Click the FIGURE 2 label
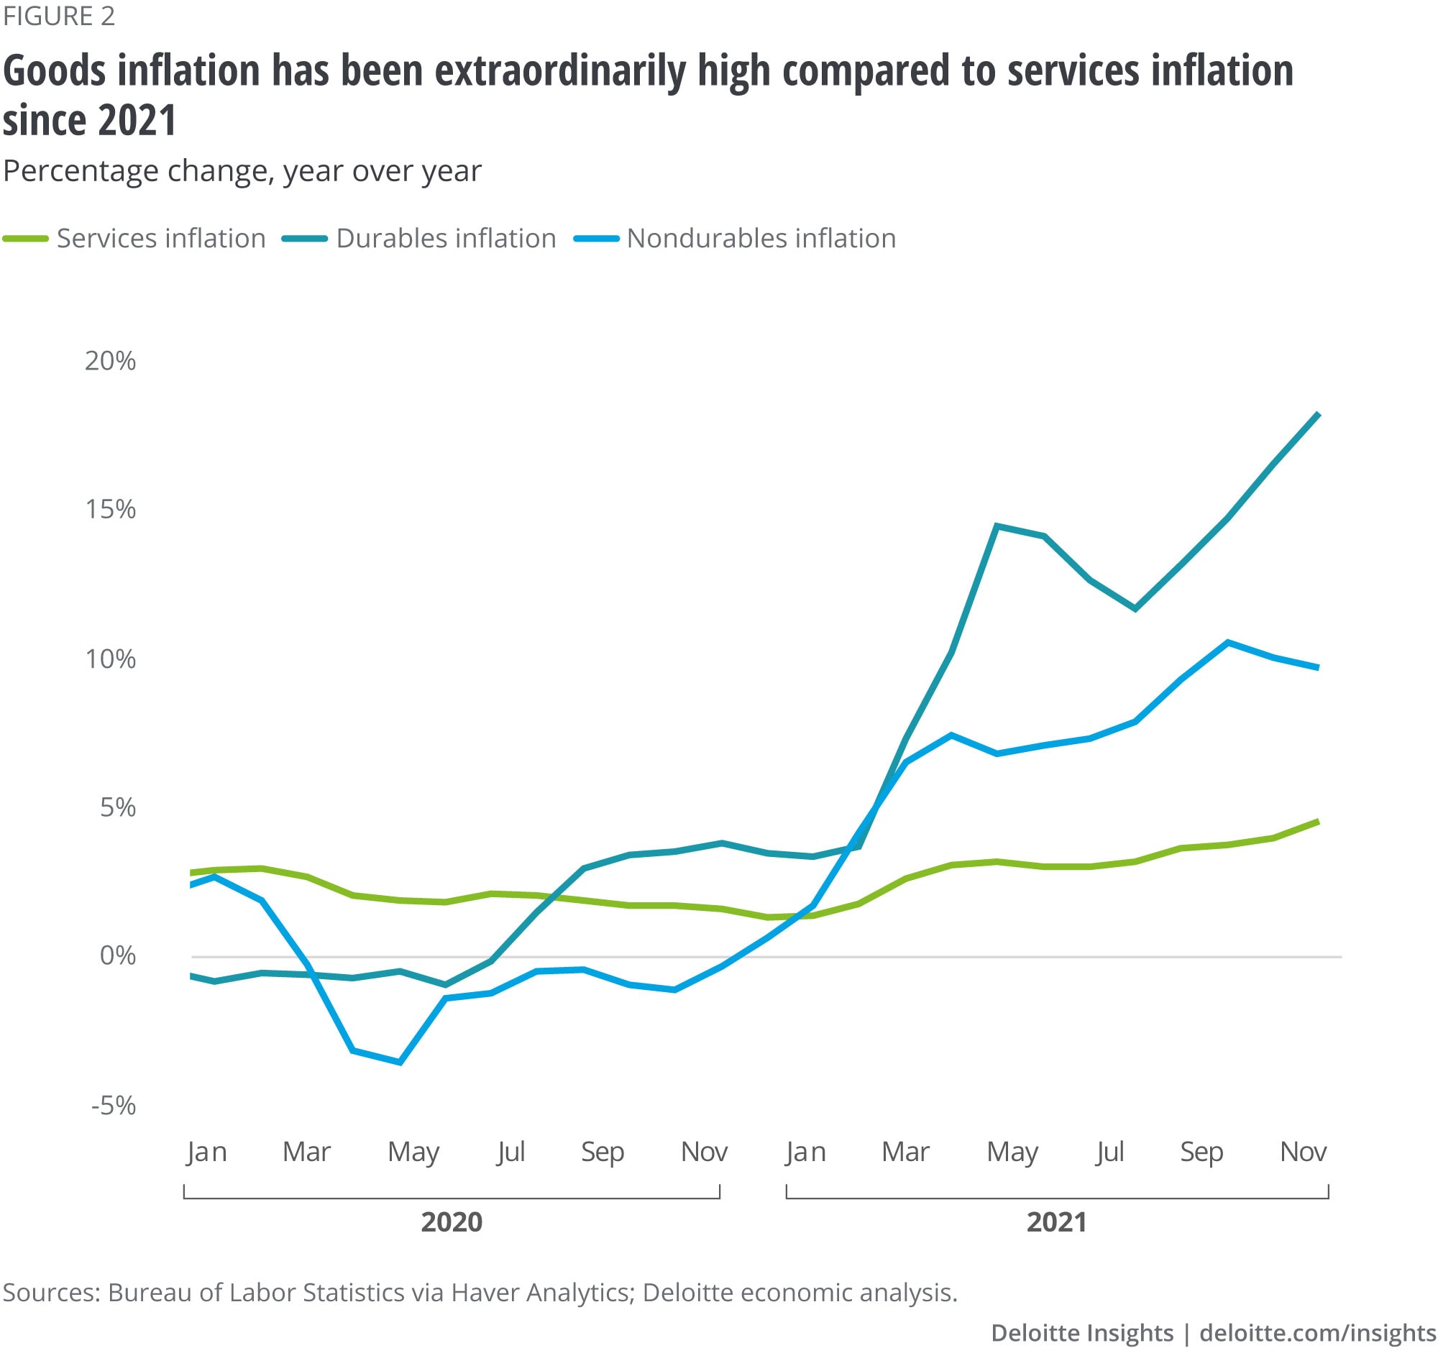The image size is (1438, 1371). point(59,16)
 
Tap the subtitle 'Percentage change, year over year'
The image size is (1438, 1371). point(242,171)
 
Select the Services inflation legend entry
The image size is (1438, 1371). point(161,238)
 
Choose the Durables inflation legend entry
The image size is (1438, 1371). point(446,238)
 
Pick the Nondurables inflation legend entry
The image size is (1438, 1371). point(761,238)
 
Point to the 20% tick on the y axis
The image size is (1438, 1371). point(110,361)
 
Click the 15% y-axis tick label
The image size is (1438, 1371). point(110,510)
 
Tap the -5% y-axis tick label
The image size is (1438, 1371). point(114,1106)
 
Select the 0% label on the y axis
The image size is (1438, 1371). point(118,956)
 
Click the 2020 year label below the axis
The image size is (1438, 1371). point(452,1222)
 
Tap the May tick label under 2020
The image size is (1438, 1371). point(413,1152)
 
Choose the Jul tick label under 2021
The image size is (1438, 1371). point(1109,1152)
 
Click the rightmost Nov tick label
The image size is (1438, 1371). point(1303,1152)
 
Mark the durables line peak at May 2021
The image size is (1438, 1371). point(997,526)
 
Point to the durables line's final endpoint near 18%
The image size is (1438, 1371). point(1318,414)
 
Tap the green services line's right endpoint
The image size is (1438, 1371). point(1318,822)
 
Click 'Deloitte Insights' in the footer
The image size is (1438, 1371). point(1081,1333)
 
